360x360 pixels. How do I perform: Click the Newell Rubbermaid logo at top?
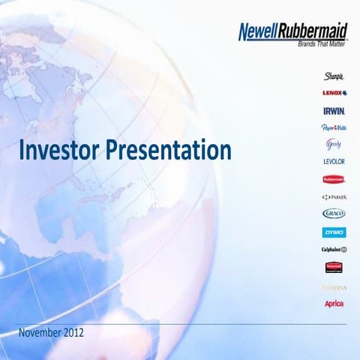click(x=292, y=31)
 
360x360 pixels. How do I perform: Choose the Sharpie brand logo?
click(x=334, y=76)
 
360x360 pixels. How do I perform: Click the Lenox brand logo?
click(x=334, y=93)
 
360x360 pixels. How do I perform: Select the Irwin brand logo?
click(x=334, y=110)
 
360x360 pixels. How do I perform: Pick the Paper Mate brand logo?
click(x=334, y=127)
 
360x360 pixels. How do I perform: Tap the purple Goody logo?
click(x=334, y=144)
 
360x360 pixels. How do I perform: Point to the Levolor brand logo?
click(x=334, y=161)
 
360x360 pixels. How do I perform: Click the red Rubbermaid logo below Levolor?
click(x=334, y=179)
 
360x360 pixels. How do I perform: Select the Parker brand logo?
click(x=334, y=196)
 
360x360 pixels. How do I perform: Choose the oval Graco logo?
click(x=334, y=214)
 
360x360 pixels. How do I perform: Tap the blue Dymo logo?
click(x=334, y=232)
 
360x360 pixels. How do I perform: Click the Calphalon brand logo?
click(x=334, y=249)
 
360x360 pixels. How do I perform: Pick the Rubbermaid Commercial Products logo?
click(x=334, y=267)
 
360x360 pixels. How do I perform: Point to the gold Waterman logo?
click(x=334, y=286)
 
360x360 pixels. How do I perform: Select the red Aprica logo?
click(x=334, y=303)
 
